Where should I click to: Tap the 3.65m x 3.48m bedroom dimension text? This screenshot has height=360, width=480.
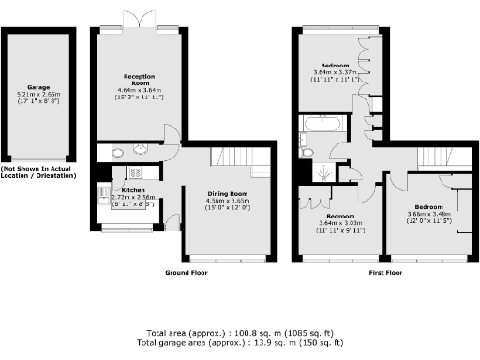click(x=429, y=213)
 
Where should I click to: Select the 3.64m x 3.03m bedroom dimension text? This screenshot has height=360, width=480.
click(x=338, y=222)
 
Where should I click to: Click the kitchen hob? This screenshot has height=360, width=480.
click(x=133, y=172)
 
